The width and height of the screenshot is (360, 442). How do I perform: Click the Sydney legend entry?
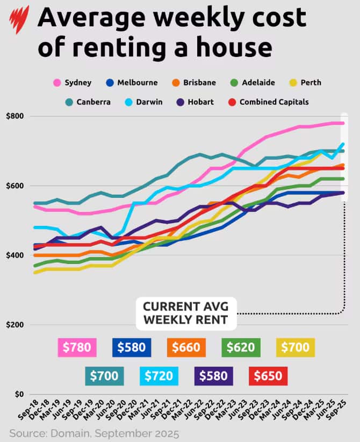[73, 83]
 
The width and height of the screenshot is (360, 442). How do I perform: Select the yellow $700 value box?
[296, 347]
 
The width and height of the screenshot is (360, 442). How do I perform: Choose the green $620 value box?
[241, 347]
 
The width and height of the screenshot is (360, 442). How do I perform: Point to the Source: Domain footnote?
[94, 432]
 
